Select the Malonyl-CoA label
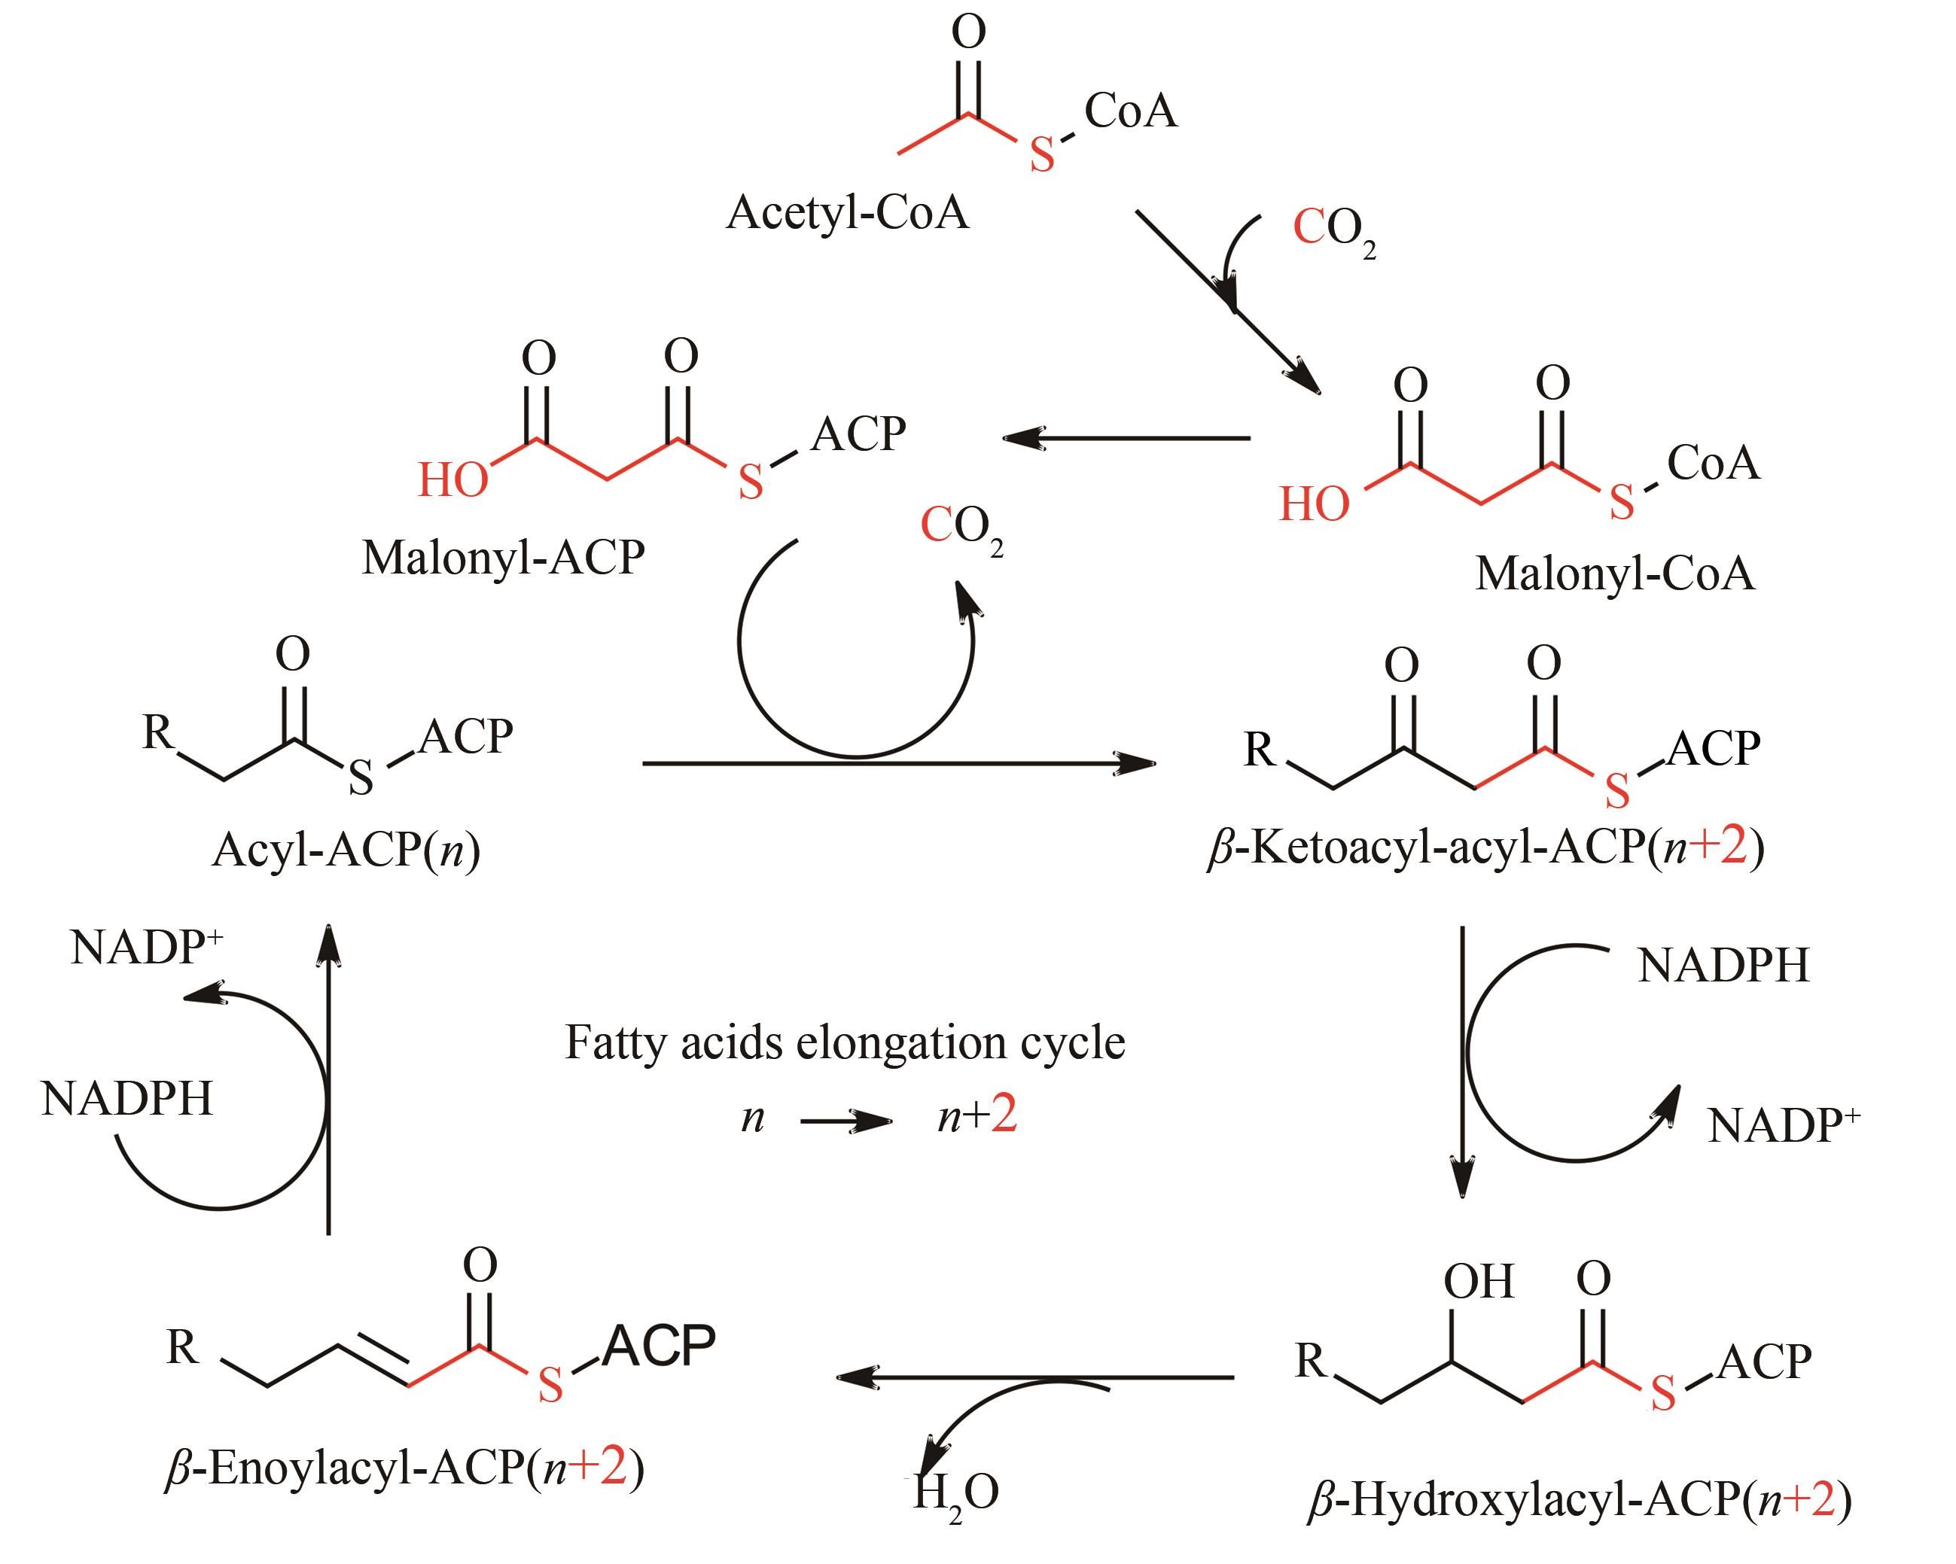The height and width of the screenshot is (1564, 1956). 1614,574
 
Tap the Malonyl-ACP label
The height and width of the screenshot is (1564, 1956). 503,557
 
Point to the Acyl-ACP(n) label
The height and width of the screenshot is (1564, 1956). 346,851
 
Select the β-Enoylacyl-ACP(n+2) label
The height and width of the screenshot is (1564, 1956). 404,1468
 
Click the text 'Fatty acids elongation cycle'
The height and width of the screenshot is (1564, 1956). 845,1042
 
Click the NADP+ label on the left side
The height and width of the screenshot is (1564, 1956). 146,948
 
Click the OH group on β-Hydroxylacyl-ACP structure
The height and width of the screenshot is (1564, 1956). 1478,1282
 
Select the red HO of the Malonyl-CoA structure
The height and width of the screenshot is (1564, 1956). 1314,504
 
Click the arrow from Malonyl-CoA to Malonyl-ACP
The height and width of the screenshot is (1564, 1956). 1126,439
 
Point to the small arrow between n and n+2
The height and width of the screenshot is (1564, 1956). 845,1122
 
